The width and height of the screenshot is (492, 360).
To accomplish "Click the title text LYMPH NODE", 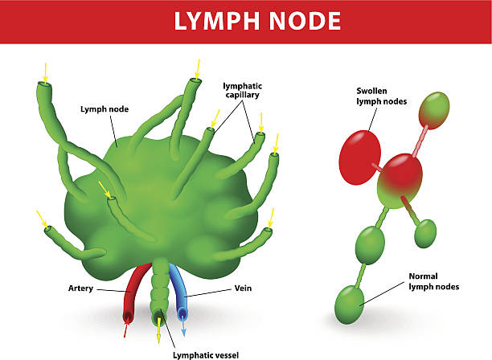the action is point(257,21).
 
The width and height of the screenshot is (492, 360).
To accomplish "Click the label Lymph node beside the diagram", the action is point(105,109).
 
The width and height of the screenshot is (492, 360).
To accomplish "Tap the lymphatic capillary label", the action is point(242,90).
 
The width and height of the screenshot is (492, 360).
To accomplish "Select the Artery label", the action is point(80,288).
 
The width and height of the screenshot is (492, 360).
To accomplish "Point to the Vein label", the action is point(243,288).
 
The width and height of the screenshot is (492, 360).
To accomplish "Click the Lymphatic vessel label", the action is point(206,355).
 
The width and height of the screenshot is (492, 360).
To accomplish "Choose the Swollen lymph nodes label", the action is point(382,96).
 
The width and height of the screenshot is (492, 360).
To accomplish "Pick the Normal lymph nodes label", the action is point(434,281).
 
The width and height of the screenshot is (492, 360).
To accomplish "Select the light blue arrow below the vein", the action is point(183,327).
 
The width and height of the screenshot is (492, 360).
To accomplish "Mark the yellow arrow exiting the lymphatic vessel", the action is point(158,330).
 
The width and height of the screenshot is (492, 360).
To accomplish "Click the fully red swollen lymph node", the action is point(360,157).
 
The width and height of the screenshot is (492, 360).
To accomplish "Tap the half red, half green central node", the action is point(400,181).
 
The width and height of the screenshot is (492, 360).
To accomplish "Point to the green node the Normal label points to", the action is point(350,305).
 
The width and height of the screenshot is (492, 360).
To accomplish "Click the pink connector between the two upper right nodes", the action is point(420,141).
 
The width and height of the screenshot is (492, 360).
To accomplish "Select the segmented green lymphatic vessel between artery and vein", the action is point(160,291).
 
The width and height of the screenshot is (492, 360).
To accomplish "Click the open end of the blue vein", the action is point(182,314).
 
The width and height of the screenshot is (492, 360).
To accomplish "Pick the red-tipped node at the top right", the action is point(434,110).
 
